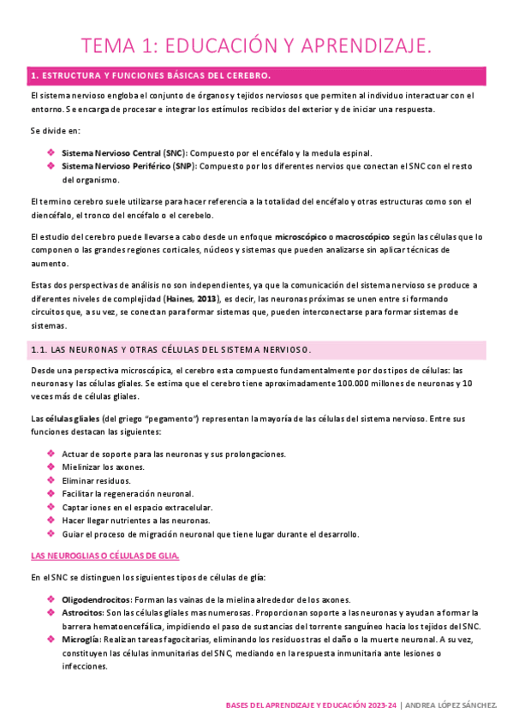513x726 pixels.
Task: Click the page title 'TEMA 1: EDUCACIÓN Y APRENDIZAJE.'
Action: point(256,45)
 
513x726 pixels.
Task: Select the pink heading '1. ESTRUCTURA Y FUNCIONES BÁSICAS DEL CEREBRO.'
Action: point(151,76)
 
